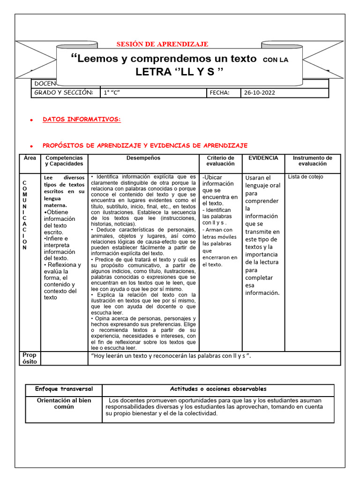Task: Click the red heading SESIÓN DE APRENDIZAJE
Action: coord(162,44)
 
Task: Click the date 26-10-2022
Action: coord(259,93)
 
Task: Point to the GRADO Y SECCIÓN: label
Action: coord(63,93)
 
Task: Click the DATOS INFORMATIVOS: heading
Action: coord(82,120)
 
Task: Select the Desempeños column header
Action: coord(143,158)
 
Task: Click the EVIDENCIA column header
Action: coord(263,158)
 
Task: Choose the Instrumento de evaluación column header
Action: coord(312,161)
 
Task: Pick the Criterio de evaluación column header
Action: coord(220,161)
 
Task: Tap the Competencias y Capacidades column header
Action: coord(64,161)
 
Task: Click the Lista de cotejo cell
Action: coord(306,177)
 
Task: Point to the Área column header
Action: coord(30,158)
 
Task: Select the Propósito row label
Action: coord(30,358)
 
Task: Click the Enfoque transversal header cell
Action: coord(64,389)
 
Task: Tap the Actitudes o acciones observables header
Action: coord(218,389)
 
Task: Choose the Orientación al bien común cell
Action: coord(64,404)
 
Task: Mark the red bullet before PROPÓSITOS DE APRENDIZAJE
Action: coord(30,146)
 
